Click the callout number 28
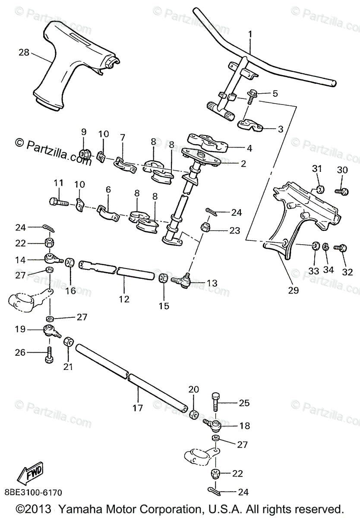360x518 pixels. pyautogui.click(x=24, y=52)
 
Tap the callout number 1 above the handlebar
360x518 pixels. pyautogui.click(x=250, y=34)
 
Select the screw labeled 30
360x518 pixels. pyautogui.click(x=341, y=190)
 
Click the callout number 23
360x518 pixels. pyautogui.click(x=234, y=231)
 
